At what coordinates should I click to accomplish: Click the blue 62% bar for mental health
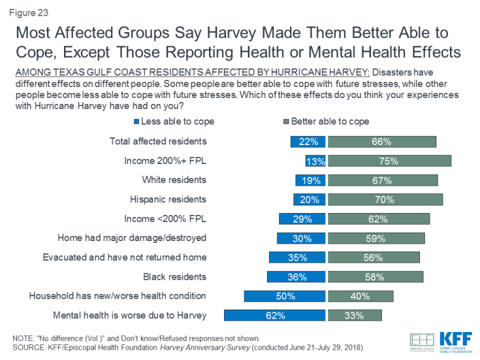pyautogui.click(x=274, y=316)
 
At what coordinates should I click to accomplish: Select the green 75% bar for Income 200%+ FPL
pyautogui.click(x=389, y=161)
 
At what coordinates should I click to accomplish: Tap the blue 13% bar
pyautogui.click(x=315, y=161)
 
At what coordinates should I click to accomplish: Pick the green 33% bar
pyautogui.click(x=355, y=316)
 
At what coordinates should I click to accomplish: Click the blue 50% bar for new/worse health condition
pyautogui.click(x=285, y=296)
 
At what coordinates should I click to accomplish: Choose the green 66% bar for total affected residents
pyautogui.click(x=382, y=141)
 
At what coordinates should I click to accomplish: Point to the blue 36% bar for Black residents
pyautogui.click(x=296, y=277)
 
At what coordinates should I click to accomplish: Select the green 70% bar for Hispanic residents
pyautogui.click(x=385, y=199)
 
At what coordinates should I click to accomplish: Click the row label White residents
pyautogui.click(x=174, y=180)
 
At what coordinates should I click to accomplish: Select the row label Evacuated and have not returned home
pyautogui.click(x=124, y=257)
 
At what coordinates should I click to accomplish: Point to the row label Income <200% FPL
pyautogui.click(x=165, y=219)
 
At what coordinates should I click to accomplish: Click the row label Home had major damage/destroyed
pyautogui.click(x=132, y=238)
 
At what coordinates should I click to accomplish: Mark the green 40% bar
pyautogui.click(x=360, y=296)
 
